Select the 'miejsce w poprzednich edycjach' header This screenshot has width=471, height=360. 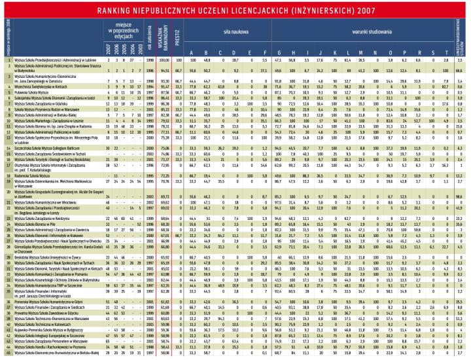coord(122,29)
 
